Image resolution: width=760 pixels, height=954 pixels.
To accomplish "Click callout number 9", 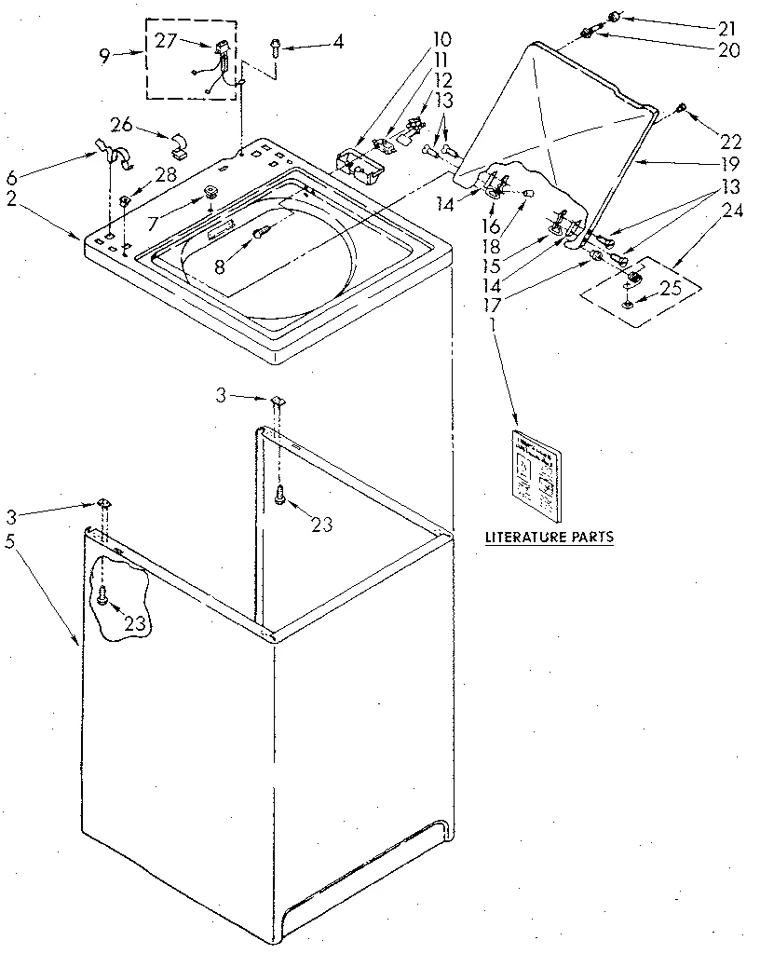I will (x=104, y=55).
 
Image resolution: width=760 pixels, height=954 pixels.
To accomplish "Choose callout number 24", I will (x=733, y=211).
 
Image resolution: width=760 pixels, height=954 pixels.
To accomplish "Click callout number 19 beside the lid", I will (x=730, y=164).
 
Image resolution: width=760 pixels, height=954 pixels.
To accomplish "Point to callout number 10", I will (x=441, y=39).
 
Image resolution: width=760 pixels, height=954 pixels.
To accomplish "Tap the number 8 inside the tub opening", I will (x=219, y=266).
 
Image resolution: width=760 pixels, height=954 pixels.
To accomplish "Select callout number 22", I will (x=730, y=142).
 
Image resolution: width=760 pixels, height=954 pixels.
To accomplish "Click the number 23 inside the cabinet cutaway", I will (x=136, y=623).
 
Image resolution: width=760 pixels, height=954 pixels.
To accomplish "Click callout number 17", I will (x=492, y=304).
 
